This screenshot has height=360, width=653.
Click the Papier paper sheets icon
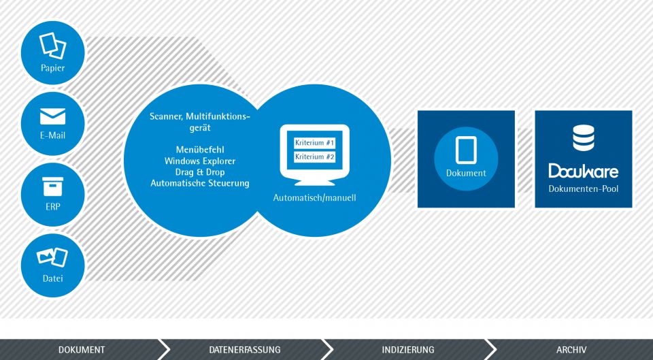click(53, 46)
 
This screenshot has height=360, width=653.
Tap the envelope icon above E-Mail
click(53, 116)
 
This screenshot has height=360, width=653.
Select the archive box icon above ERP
click(53, 186)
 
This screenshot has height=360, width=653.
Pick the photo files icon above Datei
click(52, 257)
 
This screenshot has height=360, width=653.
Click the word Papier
click(53, 68)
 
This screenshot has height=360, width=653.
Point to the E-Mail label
click(53, 135)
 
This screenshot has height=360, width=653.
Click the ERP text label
click(53, 207)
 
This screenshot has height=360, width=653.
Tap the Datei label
click(53, 278)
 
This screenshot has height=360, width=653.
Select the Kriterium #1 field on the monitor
click(315, 143)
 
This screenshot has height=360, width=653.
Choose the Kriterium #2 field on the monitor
click(315, 157)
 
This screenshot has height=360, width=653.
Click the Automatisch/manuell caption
click(315, 197)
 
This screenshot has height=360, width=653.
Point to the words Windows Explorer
click(200, 161)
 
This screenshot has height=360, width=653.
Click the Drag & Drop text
click(200, 172)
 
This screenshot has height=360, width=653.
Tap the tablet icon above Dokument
click(466, 150)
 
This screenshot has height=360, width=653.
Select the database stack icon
click(584, 138)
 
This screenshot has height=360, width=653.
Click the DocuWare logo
click(584, 171)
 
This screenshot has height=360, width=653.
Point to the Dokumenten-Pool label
click(584, 189)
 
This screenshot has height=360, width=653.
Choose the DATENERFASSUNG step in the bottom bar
click(245, 350)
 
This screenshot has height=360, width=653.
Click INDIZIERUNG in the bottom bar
click(408, 350)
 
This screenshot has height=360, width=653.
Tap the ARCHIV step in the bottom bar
click(571, 350)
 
